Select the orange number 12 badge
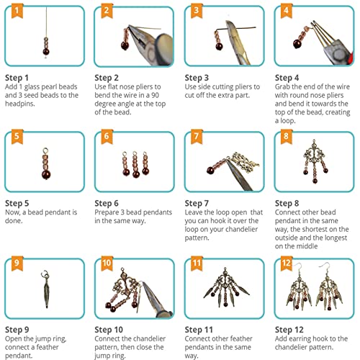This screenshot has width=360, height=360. click(287, 263)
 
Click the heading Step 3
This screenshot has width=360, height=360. click(197, 77)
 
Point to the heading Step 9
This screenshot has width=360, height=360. click(17, 328)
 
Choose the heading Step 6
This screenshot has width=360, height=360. click(107, 202)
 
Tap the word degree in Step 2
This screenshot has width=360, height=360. click(108, 104)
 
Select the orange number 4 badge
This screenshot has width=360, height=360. click(287, 12)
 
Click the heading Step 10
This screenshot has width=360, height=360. click(109, 328)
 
